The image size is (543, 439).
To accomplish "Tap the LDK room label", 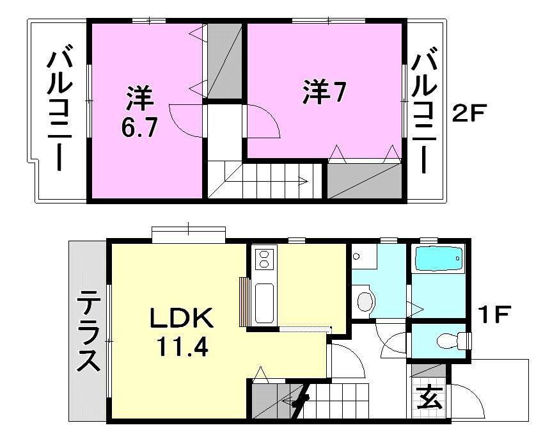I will (x=180, y=318).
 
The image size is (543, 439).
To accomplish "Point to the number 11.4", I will (x=180, y=348).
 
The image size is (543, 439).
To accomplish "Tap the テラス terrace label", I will (x=88, y=331).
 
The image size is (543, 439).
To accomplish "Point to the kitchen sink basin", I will (x=264, y=304).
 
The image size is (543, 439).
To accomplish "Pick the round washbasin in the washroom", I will (x=365, y=301).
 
